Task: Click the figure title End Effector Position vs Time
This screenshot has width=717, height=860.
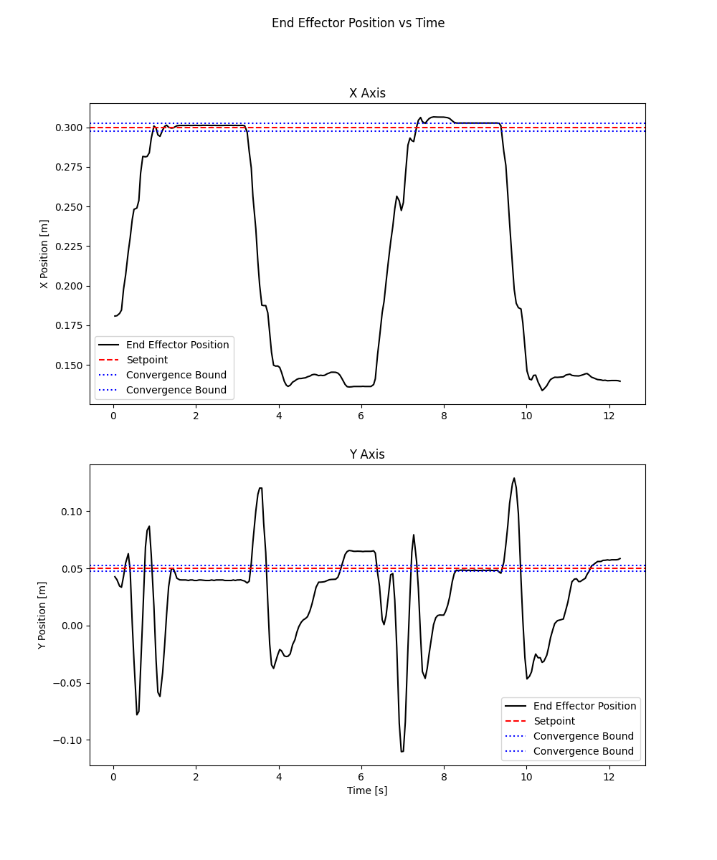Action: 358,23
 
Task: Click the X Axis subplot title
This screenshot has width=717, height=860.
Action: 367,93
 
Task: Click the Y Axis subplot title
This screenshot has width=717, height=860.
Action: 367,454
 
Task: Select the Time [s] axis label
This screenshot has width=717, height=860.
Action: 367,790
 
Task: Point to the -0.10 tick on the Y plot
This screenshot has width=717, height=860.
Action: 69,740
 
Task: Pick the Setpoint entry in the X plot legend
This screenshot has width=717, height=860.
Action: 146,360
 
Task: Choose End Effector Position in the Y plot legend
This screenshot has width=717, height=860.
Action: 584,706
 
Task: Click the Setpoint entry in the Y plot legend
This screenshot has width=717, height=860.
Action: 554,721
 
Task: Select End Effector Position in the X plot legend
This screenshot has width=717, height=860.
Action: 177,345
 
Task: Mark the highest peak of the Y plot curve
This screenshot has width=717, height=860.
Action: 514,478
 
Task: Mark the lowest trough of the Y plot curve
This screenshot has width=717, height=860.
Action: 402,751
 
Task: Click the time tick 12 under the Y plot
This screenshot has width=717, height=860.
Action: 609,776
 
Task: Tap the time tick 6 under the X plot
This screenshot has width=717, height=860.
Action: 361,415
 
